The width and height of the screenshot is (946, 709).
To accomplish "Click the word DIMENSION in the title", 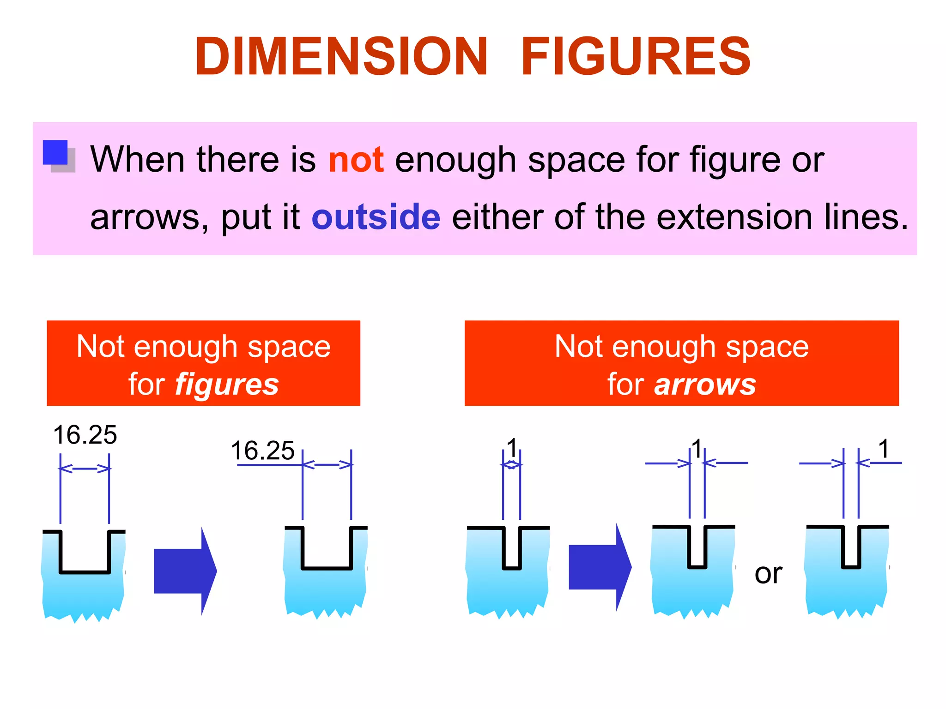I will click(341, 56).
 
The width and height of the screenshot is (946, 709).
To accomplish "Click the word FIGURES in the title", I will click(636, 56).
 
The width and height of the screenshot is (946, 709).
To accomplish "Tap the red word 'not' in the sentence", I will click(356, 160).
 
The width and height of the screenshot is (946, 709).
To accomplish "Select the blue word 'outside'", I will click(376, 217).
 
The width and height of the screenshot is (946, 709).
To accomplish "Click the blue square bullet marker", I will click(55, 153).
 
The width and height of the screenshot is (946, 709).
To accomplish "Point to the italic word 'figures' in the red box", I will click(227, 385).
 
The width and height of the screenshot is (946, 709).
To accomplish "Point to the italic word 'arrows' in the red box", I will click(705, 385).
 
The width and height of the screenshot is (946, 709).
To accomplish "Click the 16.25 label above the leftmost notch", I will click(85, 435).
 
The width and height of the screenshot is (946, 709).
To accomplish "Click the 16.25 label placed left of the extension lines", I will click(262, 451).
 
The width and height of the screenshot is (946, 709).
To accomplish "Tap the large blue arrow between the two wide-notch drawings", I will click(185, 571).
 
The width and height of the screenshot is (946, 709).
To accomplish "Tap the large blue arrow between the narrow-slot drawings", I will click(600, 567).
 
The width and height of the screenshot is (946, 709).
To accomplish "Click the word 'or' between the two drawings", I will click(768, 574).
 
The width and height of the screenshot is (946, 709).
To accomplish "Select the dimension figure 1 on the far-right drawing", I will click(884, 449).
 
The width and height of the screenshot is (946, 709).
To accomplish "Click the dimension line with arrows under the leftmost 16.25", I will click(85, 469).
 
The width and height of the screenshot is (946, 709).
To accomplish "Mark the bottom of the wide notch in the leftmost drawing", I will click(85, 572).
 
